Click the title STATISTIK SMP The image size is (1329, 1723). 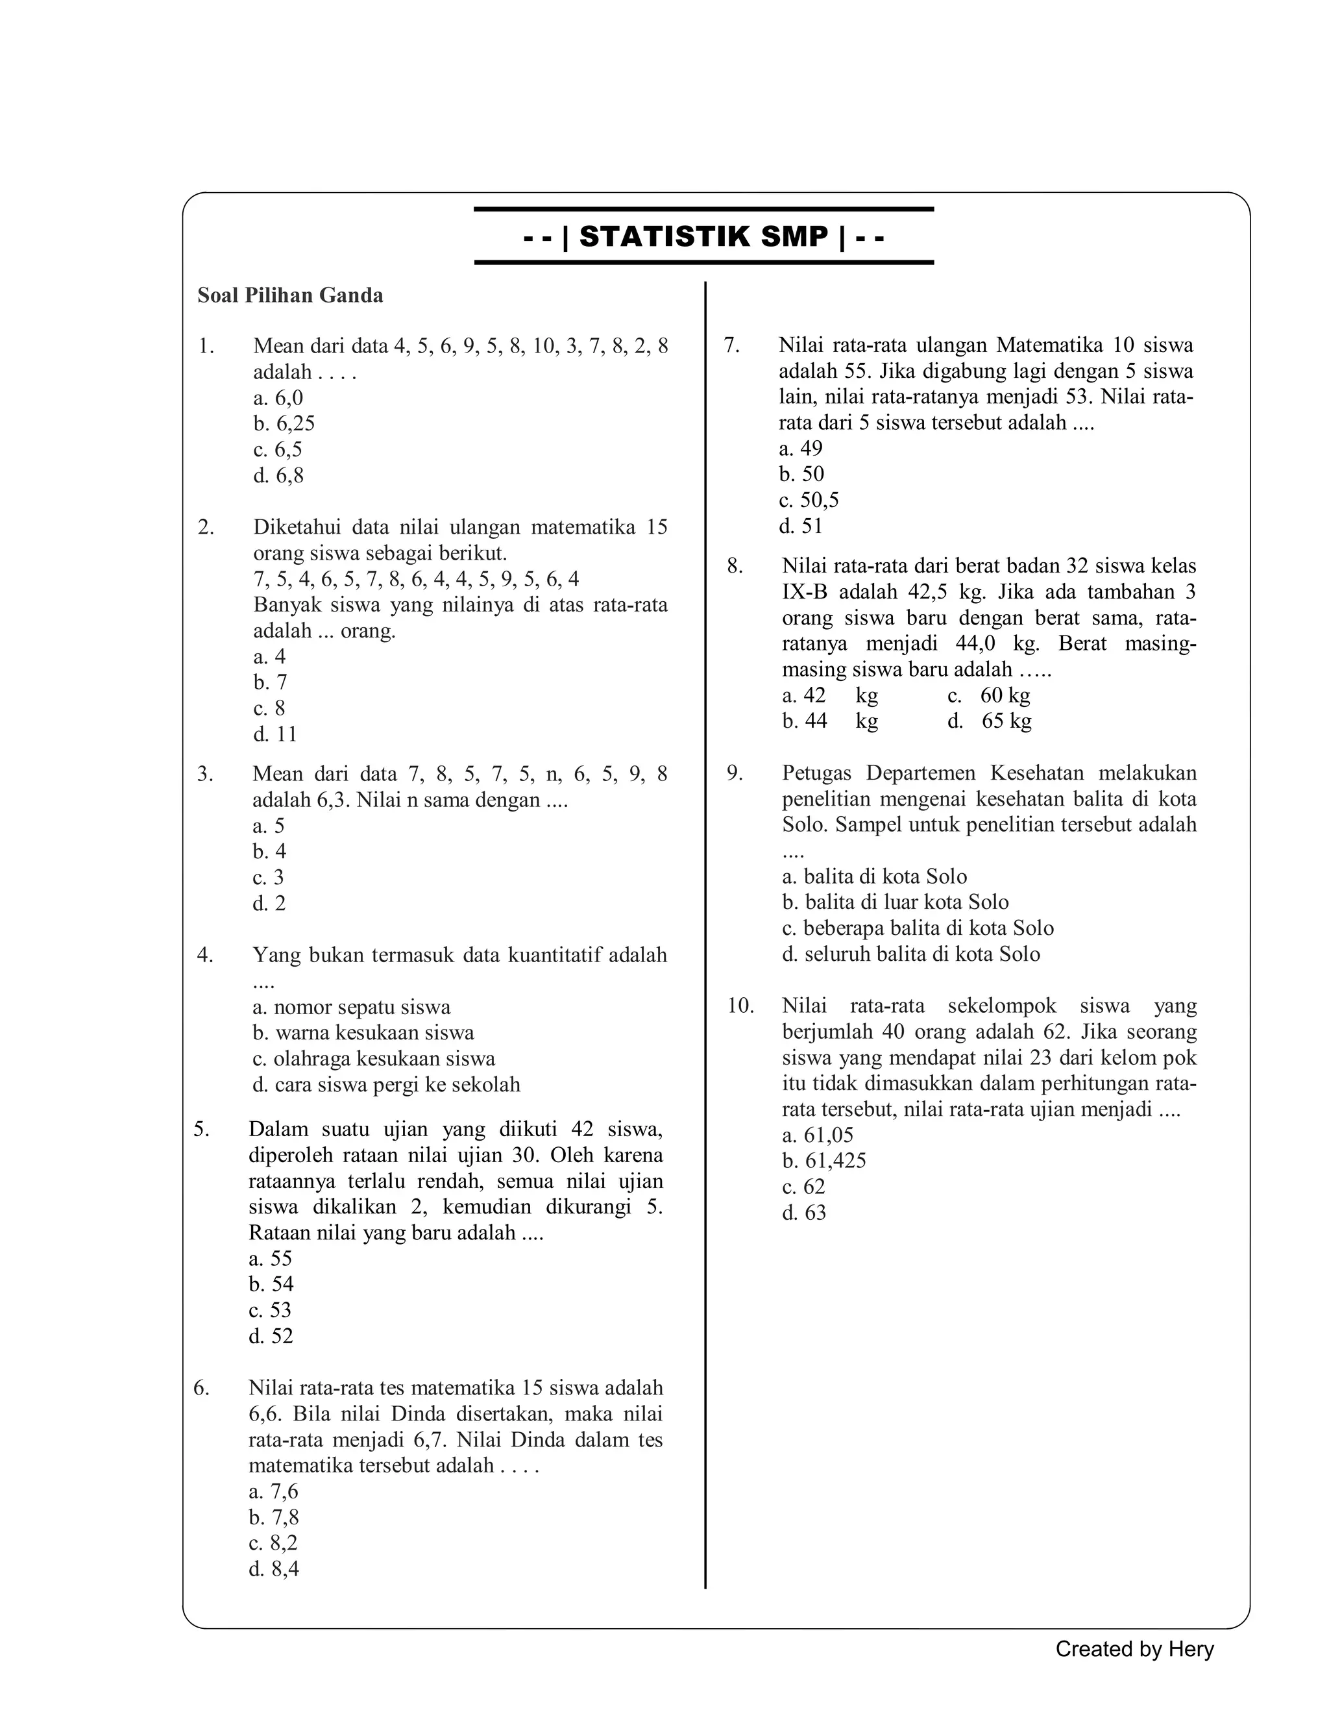coord(703,237)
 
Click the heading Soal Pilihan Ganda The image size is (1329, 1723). coord(289,296)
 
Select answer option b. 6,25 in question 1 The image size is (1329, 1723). coord(284,424)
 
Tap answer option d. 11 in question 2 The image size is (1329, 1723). coord(275,734)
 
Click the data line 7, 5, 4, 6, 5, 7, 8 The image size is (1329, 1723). coord(416,579)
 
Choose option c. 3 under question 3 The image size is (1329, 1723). coord(268,877)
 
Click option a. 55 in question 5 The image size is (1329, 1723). coord(270,1258)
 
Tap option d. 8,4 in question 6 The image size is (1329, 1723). coord(274,1568)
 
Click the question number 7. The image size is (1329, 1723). coord(731,345)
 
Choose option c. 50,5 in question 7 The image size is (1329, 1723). coord(809,500)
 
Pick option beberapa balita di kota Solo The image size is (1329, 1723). coord(918,928)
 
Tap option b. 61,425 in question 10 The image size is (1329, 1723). coord(823,1161)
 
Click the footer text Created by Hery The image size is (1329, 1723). coord(1134,1649)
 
